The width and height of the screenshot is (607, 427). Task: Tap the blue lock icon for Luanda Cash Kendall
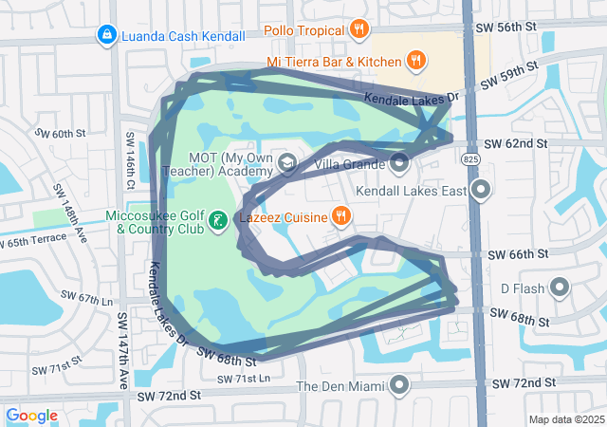[x=106, y=36]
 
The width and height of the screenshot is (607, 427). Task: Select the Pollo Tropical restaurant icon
[x=358, y=29]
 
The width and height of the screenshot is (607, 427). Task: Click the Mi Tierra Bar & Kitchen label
[x=333, y=63]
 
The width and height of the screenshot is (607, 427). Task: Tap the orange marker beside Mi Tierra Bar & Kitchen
[x=415, y=63]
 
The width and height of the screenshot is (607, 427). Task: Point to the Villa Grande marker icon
[x=399, y=163]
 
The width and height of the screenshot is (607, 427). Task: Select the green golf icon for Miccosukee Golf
[x=217, y=222]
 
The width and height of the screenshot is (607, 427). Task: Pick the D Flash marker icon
[x=559, y=287]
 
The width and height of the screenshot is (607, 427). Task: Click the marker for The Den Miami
[x=399, y=385]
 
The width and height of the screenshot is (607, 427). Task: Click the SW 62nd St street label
[x=516, y=143]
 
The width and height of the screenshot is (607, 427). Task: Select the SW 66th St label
[x=518, y=254]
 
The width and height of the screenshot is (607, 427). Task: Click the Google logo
[x=32, y=416]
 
